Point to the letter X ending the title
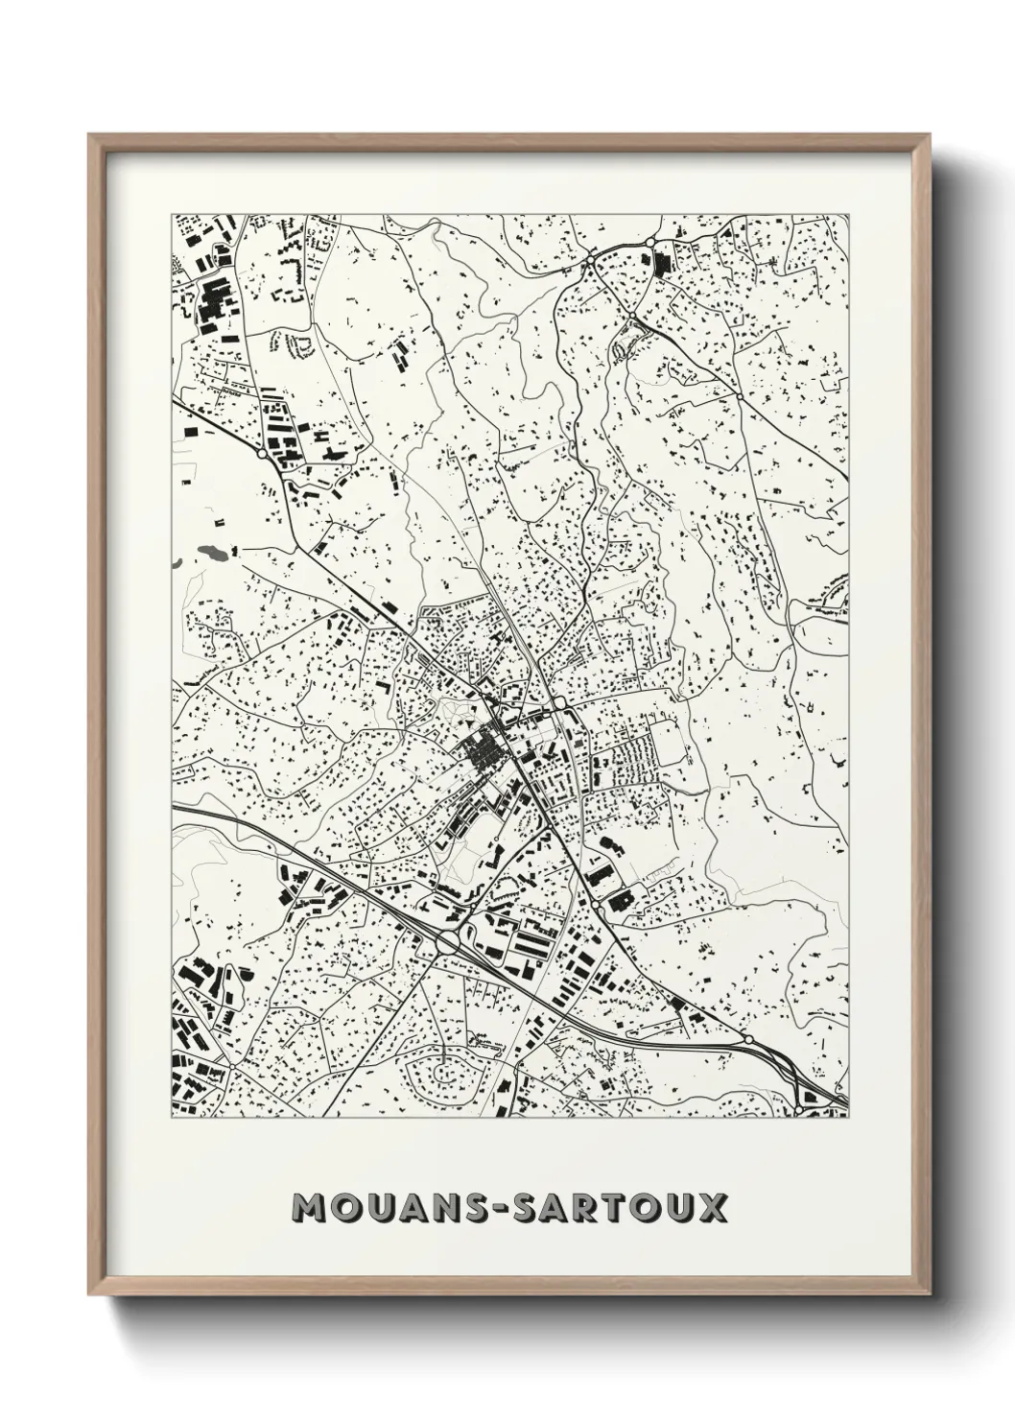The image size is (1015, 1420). coord(712,1208)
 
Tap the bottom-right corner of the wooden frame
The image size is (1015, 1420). coord(930,1293)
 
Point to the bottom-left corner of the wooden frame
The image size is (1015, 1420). coord(90,1293)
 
